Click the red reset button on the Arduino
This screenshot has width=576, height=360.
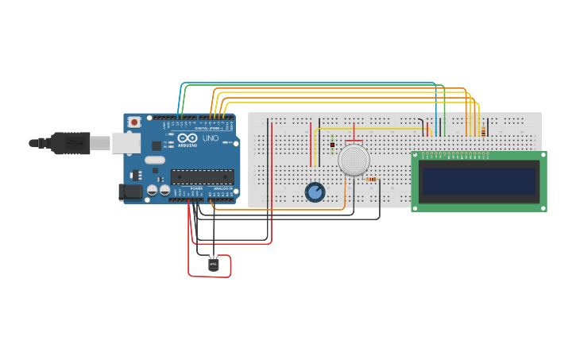(134, 122)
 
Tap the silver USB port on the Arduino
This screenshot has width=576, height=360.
(126, 143)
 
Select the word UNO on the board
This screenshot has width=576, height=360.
(211, 138)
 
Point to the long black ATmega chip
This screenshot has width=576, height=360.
(202, 176)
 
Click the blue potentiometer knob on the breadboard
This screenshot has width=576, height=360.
(315, 192)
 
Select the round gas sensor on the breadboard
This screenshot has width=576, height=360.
(354, 160)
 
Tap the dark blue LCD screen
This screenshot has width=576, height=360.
(479, 181)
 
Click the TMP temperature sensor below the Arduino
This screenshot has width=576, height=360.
(213, 264)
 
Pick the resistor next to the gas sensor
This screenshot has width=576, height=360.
(370, 180)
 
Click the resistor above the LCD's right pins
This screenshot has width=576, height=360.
(483, 131)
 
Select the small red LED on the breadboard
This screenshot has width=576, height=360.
(331, 143)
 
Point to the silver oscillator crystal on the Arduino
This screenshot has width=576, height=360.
(155, 160)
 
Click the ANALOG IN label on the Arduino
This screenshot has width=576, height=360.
(222, 188)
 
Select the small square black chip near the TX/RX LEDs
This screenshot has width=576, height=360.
(157, 145)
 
